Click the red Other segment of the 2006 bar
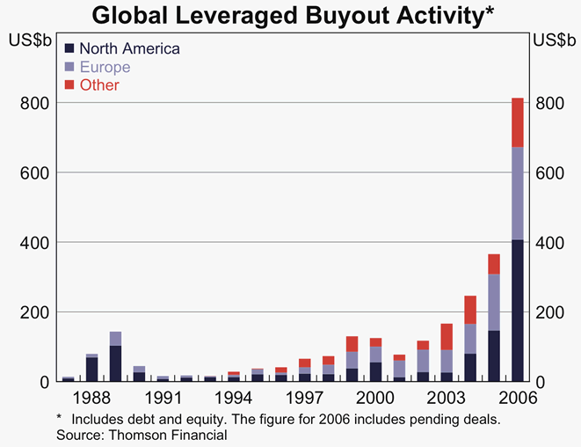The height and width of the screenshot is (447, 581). (x=517, y=122)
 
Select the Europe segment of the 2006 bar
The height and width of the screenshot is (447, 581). (x=517, y=193)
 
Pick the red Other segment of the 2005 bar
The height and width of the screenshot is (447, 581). (x=494, y=264)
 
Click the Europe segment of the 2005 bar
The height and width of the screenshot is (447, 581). (x=494, y=302)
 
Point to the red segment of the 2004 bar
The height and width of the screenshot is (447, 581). (x=470, y=310)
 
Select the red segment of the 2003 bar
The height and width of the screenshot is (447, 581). (x=447, y=336)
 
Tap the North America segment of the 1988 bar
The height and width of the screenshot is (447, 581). (x=91, y=370)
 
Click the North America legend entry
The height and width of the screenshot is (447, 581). (x=129, y=48)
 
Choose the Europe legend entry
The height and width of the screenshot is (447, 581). (x=105, y=67)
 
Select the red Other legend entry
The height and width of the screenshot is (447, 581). (x=99, y=85)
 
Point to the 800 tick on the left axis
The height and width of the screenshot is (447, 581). (x=33, y=103)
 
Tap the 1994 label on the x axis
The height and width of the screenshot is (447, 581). (x=233, y=398)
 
